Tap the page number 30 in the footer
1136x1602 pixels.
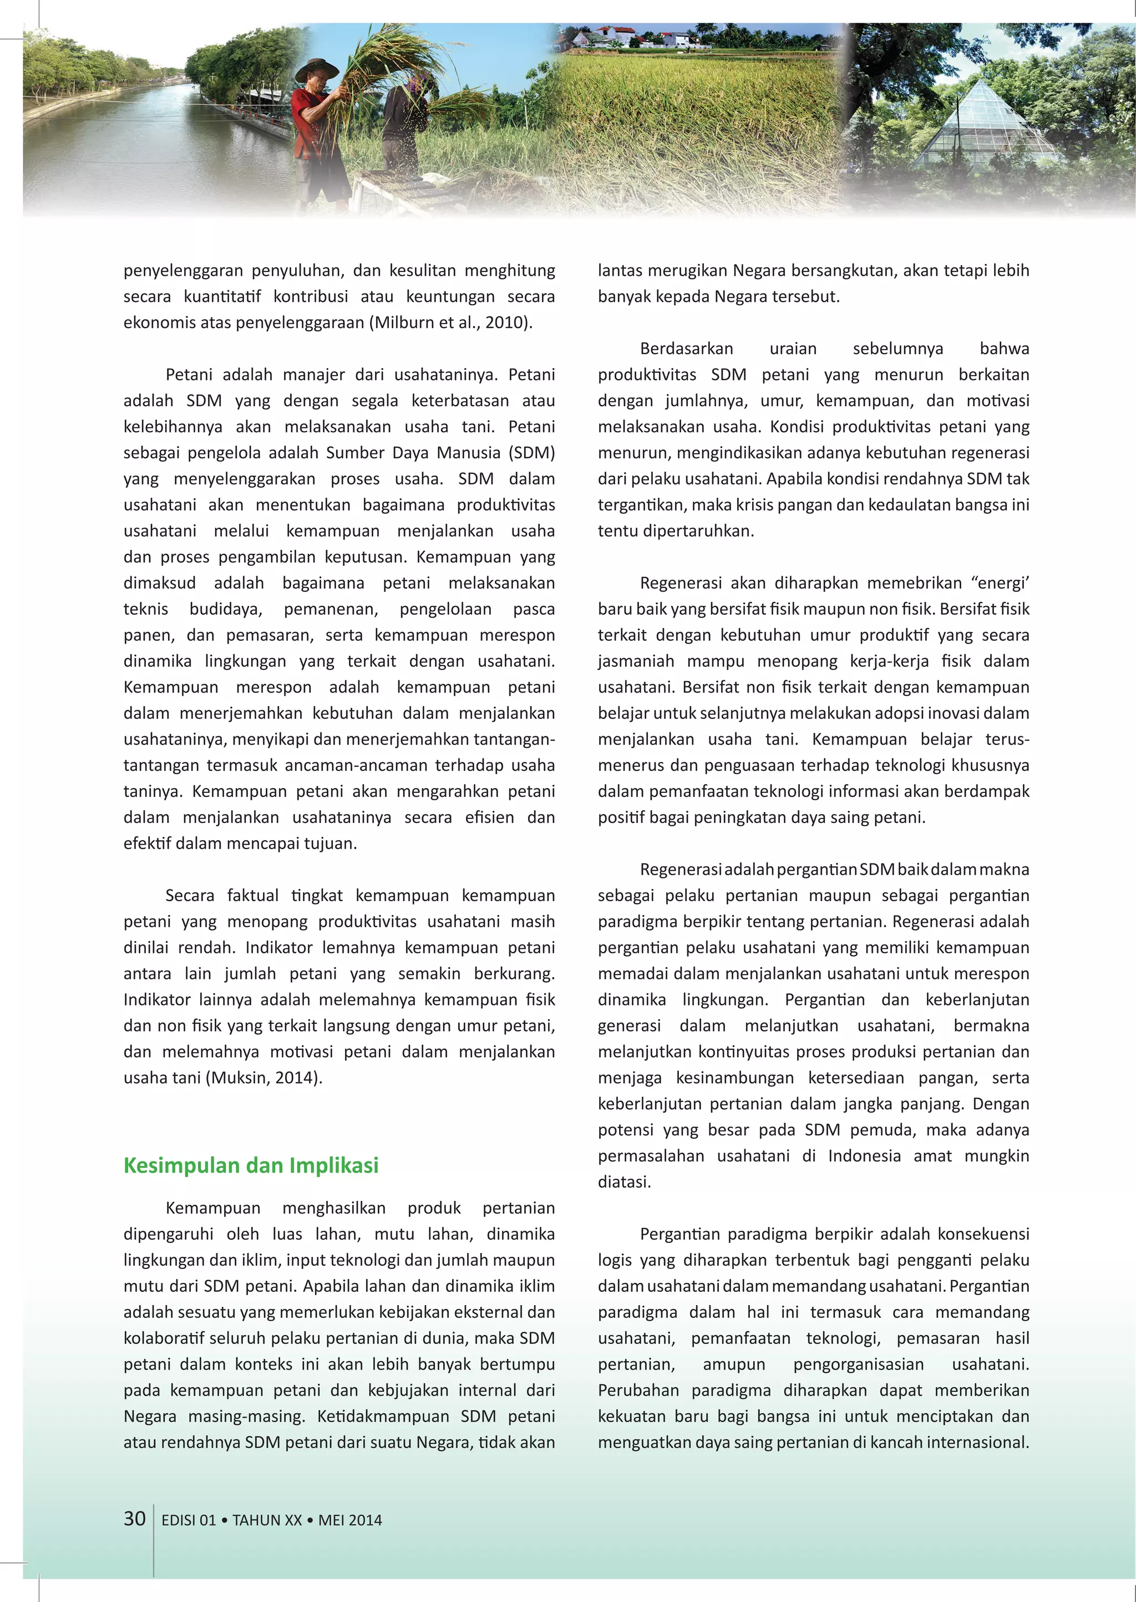[x=134, y=1519]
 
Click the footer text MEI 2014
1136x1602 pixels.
[x=350, y=1520]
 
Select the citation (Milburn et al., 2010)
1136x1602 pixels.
[x=453, y=322]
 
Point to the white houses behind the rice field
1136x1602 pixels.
[x=616, y=37]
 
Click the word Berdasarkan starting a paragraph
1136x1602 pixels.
[x=686, y=348]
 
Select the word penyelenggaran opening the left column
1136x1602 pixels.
[x=182, y=271]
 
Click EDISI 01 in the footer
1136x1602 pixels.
[x=188, y=1520]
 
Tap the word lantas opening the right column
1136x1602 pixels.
[x=620, y=271]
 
